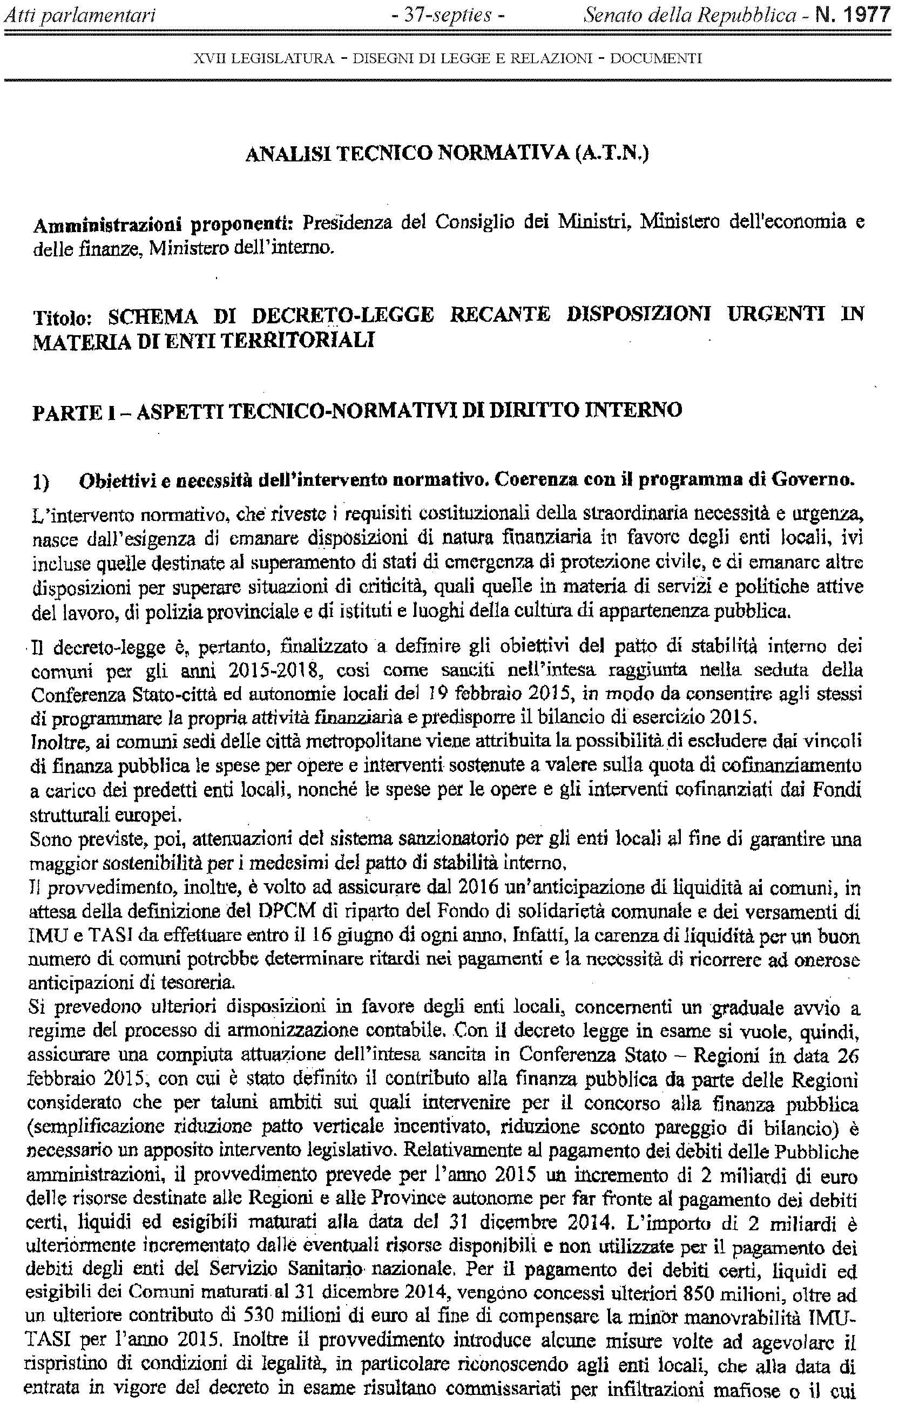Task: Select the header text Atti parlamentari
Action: click(80, 15)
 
